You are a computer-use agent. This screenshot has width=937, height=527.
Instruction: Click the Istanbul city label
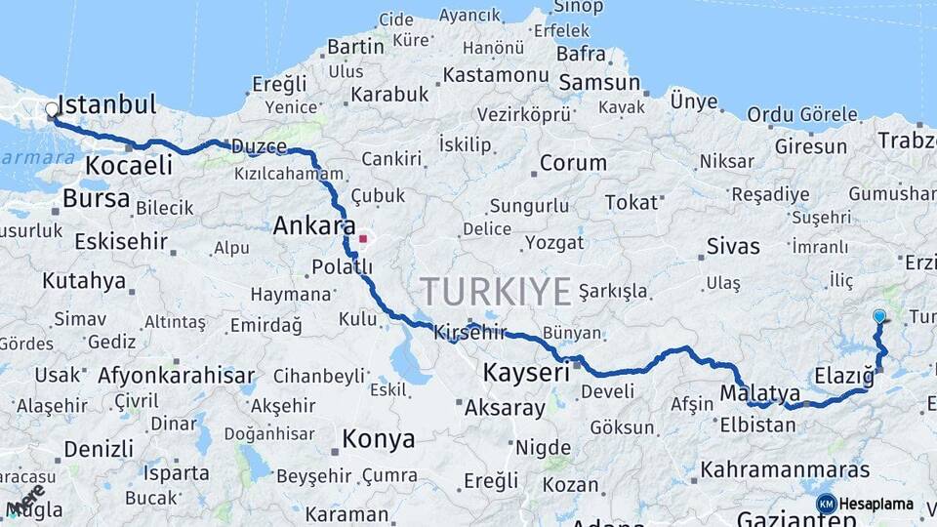click(x=107, y=104)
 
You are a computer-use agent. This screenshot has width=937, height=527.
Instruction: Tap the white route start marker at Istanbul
click(x=52, y=110)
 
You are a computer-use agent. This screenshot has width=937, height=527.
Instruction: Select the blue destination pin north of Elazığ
click(x=879, y=316)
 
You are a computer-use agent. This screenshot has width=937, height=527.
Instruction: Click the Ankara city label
click(x=314, y=226)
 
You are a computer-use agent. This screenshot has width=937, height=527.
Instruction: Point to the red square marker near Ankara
click(x=363, y=237)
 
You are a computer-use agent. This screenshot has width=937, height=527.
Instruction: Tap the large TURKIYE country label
click(x=496, y=291)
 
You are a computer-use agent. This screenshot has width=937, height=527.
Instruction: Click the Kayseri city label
click(x=526, y=372)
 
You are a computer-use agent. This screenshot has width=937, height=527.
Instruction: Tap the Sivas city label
click(x=732, y=246)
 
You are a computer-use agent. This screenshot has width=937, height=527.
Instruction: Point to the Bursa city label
click(x=96, y=199)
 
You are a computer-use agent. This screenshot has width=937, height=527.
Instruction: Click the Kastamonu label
click(x=495, y=75)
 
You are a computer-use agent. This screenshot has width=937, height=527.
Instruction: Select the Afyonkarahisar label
click(x=176, y=376)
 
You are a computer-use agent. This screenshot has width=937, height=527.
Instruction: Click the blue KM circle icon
click(x=826, y=504)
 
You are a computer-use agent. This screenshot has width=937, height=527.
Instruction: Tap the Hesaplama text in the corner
click(x=876, y=505)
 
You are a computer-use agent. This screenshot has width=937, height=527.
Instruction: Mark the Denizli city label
click(x=99, y=450)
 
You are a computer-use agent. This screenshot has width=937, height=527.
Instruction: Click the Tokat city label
click(x=631, y=202)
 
